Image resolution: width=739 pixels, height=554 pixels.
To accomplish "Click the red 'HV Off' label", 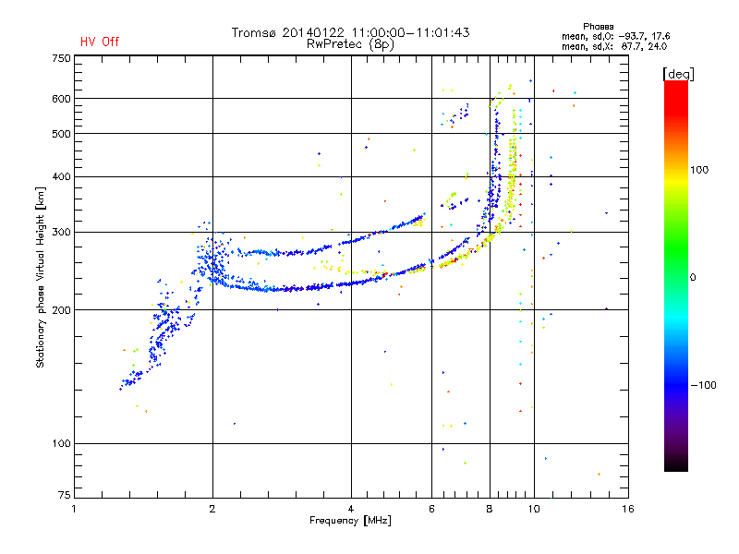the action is coord(100,42).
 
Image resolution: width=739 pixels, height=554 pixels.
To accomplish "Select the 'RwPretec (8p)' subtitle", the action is coord(350,44).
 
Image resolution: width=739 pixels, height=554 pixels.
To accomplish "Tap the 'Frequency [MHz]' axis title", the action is coord(350,521).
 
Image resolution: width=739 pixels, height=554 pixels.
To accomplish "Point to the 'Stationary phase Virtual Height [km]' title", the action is coord(41,278).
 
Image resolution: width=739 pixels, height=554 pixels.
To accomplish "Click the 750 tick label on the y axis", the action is coord(61,58).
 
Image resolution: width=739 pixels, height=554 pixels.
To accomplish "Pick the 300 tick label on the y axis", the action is coord(61,233).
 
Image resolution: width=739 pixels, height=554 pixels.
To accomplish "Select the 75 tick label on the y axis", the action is coord(65,495).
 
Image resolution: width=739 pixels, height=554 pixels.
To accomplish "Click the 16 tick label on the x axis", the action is coord(628,509).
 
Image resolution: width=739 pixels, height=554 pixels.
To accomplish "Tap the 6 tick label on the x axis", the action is coord(431,509).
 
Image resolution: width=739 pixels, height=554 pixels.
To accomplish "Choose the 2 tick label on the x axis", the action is coord(212,509).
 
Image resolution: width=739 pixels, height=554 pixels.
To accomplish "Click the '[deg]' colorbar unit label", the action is coord(678,75).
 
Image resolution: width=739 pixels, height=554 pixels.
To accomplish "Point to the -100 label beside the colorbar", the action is coord(704,385).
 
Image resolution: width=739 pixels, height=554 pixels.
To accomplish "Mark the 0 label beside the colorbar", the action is coord(693,278).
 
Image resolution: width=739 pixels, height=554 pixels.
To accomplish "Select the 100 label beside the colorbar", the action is coord(699,170).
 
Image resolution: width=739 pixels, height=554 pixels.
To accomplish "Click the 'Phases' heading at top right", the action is coord(598,27).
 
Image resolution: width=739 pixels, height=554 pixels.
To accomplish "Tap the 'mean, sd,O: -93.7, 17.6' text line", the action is coord(616,36).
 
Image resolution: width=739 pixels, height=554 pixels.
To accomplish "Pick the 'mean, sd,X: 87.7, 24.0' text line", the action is coord(614,46).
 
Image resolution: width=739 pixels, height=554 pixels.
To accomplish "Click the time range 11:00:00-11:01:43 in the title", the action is coord(410,33).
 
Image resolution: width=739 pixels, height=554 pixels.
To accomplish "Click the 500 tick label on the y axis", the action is coord(61,134).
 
